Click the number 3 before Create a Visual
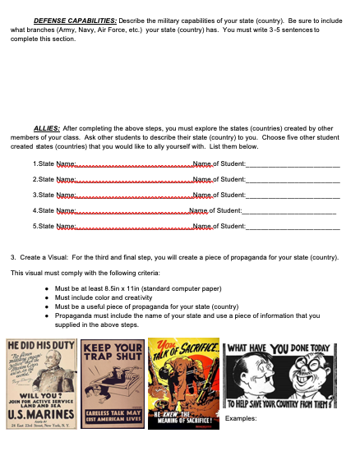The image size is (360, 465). point(12,257)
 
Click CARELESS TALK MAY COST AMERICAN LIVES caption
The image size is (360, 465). point(114,415)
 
